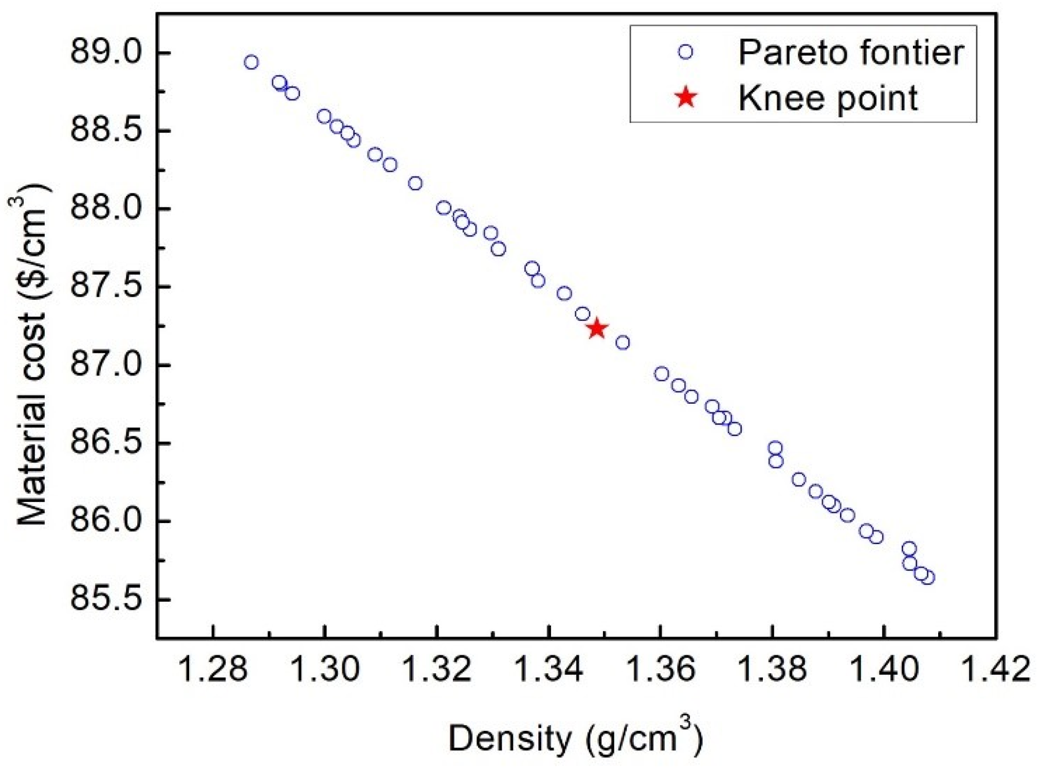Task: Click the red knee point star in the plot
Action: point(597,328)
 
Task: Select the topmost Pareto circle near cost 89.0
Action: point(251,62)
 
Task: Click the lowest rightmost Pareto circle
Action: point(928,578)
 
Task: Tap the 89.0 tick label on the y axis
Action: point(105,52)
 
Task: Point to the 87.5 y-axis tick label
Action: point(105,286)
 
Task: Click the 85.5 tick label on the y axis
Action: point(105,599)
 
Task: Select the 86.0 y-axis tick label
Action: point(105,521)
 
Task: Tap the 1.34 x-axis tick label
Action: point(549,670)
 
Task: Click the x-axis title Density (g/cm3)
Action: point(575,737)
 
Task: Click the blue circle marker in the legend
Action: point(685,51)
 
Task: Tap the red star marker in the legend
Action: point(686,97)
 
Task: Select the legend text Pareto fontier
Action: point(851,52)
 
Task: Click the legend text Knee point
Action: point(828,98)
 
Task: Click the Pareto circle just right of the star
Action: point(623,343)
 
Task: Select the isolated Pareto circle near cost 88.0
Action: point(444,208)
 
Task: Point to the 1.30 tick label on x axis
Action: point(325,670)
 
